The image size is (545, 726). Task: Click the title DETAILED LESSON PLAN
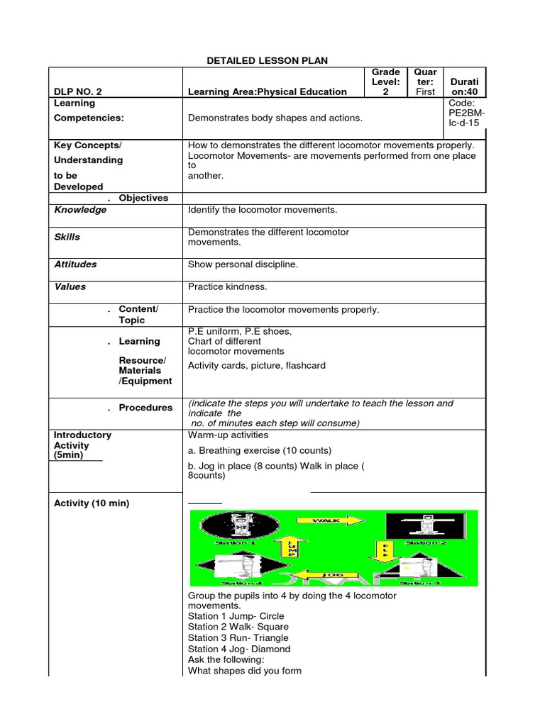(x=267, y=61)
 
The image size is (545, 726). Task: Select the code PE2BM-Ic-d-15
(x=465, y=113)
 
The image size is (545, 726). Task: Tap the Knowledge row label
(x=80, y=210)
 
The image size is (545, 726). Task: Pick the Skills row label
(x=67, y=237)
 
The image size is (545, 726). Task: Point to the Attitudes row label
(x=75, y=264)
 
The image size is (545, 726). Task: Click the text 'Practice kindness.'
(x=227, y=287)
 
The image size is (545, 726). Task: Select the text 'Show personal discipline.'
(x=243, y=264)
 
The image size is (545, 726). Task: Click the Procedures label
(x=145, y=408)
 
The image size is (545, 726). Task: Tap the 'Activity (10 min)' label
(x=92, y=503)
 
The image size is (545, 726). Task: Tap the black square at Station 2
(x=425, y=527)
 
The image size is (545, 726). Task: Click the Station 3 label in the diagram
(x=424, y=583)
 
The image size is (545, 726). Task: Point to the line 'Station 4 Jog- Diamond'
(x=239, y=649)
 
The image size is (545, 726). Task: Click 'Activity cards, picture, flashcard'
(x=257, y=366)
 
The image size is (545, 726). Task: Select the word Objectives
(x=143, y=198)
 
